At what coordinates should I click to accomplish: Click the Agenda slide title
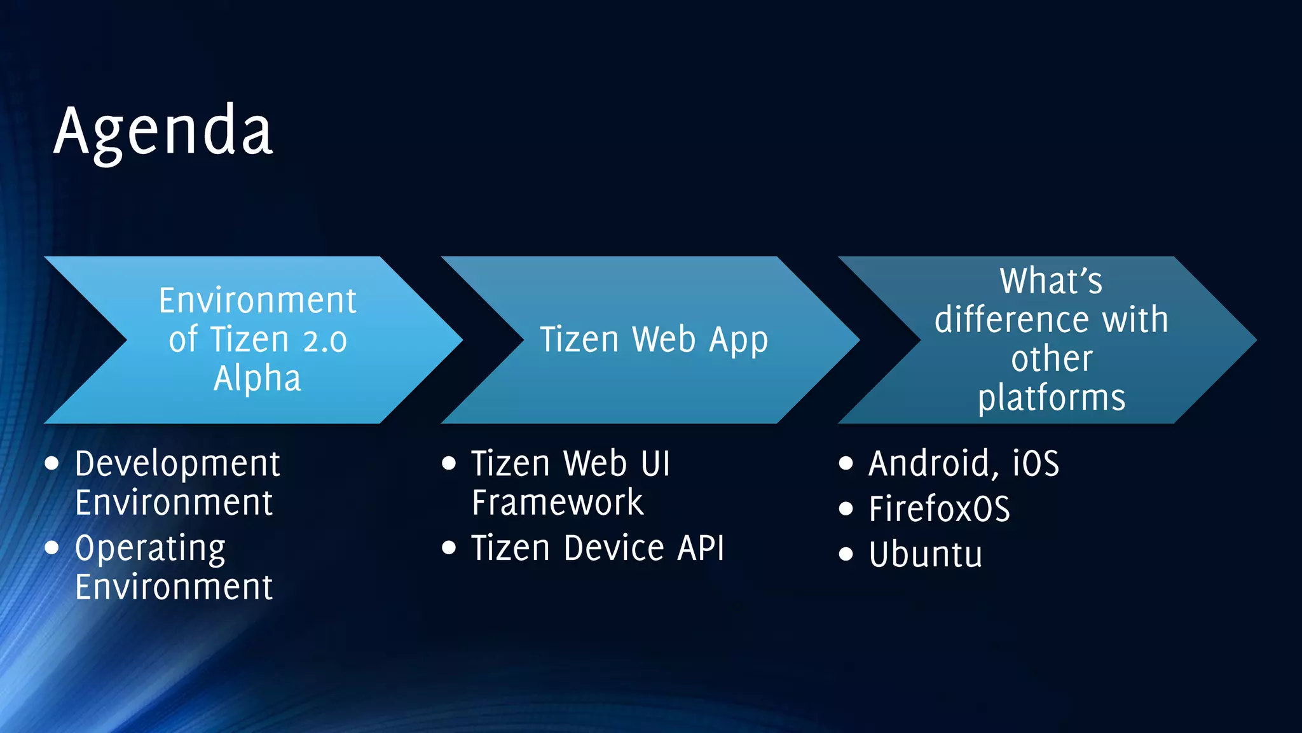(163, 132)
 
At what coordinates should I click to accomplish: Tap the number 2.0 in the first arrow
(325, 340)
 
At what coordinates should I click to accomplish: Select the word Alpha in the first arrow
(257, 379)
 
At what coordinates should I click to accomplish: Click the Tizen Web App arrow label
(654, 340)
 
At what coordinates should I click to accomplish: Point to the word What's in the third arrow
(1051, 281)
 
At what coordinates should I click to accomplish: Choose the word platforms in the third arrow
(1052, 398)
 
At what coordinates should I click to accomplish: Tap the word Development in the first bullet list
(177, 464)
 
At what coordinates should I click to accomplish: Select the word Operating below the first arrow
(150, 548)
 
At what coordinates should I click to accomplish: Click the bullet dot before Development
(52, 463)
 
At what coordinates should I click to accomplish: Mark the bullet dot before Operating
(52, 548)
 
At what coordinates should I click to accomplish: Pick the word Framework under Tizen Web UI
(558, 503)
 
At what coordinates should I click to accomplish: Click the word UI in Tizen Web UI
(655, 463)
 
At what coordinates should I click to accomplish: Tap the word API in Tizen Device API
(701, 548)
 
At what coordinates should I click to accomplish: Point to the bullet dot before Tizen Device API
(449, 548)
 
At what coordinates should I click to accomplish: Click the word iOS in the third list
(1036, 463)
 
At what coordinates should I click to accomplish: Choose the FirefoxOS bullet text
(939, 509)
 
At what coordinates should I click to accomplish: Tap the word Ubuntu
(926, 554)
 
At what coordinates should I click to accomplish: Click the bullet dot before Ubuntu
(846, 554)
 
